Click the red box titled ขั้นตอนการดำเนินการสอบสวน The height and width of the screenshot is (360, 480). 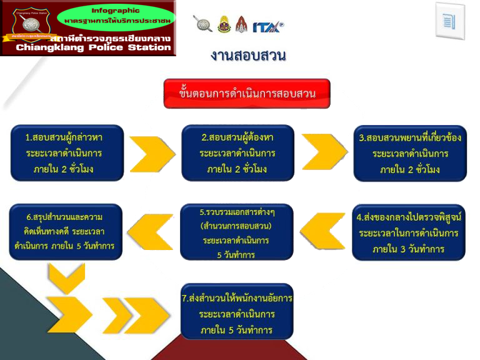click(247, 94)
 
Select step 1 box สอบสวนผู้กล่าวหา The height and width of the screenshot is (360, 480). click(67, 153)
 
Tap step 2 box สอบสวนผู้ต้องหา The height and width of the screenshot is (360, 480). click(237, 153)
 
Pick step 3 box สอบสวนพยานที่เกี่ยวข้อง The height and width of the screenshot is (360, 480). click(410, 153)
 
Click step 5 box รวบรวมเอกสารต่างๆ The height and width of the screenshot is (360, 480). click(237, 232)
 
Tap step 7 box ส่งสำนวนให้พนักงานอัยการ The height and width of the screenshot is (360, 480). click(237, 312)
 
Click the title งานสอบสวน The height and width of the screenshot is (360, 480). click(248, 56)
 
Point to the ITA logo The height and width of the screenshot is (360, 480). click(268, 26)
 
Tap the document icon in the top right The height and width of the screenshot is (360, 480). click(449, 21)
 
